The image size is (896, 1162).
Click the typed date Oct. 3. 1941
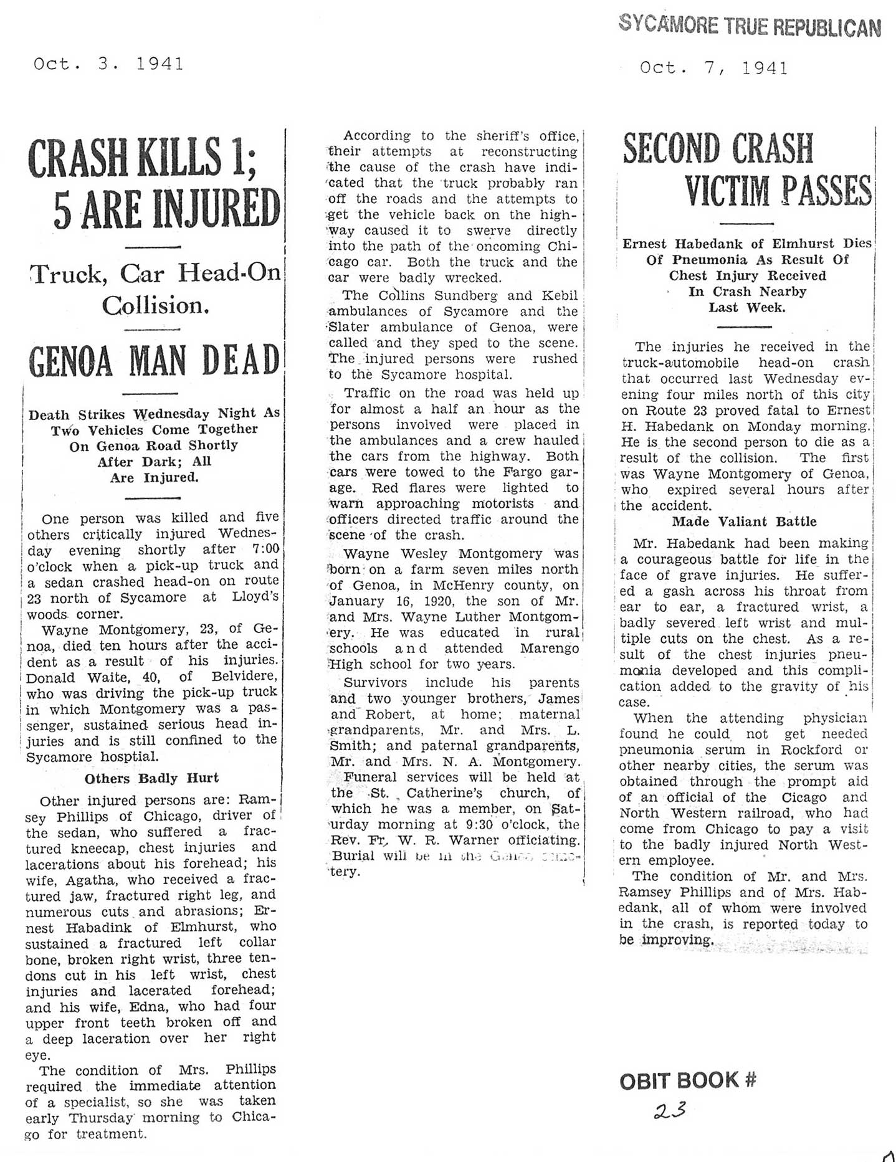(108, 64)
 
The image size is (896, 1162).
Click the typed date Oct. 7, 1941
(713, 68)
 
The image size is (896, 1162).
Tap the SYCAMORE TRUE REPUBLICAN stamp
(750, 26)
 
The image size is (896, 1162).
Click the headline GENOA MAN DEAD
(154, 361)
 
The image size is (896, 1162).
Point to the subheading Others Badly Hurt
(151, 778)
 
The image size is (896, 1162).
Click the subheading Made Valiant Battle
(744, 521)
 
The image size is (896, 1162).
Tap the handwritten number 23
(670, 1110)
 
